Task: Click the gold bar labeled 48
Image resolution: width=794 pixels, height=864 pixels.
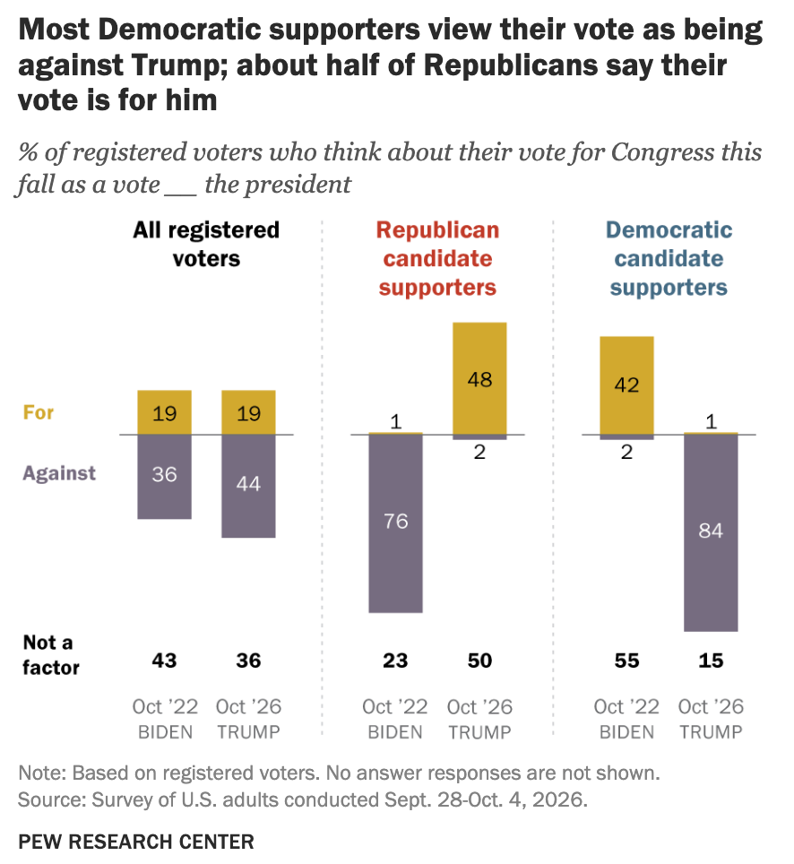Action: coord(479,378)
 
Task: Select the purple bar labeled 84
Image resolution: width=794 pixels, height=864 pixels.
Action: coord(711,533)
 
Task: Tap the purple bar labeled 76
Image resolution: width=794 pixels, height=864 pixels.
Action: coord(395,523)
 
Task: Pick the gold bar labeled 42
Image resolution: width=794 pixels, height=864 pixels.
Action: coord(626,385)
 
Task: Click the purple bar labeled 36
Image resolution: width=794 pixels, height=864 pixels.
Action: coord(164,477)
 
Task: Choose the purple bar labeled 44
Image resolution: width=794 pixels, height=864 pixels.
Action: coord(248,486)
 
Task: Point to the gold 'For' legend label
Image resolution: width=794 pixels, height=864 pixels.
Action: coord(38,412)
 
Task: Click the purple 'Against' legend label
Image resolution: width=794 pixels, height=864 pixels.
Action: coord(59,473)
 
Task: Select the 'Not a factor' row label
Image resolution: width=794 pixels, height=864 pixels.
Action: coord(51,654)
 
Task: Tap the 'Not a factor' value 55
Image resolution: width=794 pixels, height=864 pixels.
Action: coord(626,661)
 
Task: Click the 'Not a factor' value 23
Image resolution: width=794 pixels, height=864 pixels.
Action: coord(395,661)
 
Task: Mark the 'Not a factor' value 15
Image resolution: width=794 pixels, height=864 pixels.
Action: coord(711,661)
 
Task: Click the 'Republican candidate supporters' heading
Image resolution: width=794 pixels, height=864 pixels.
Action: coord(437,259)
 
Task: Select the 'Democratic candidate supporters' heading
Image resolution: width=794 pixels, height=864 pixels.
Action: coord(669,259)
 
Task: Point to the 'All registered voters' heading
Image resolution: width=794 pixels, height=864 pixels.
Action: coord(206,244)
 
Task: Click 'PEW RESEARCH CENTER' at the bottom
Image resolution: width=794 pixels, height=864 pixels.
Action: coord(136,842)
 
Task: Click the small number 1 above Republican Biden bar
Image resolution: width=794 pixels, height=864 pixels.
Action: coord(395,422)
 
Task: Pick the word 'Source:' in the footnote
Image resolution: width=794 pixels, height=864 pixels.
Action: coord(52,799)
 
